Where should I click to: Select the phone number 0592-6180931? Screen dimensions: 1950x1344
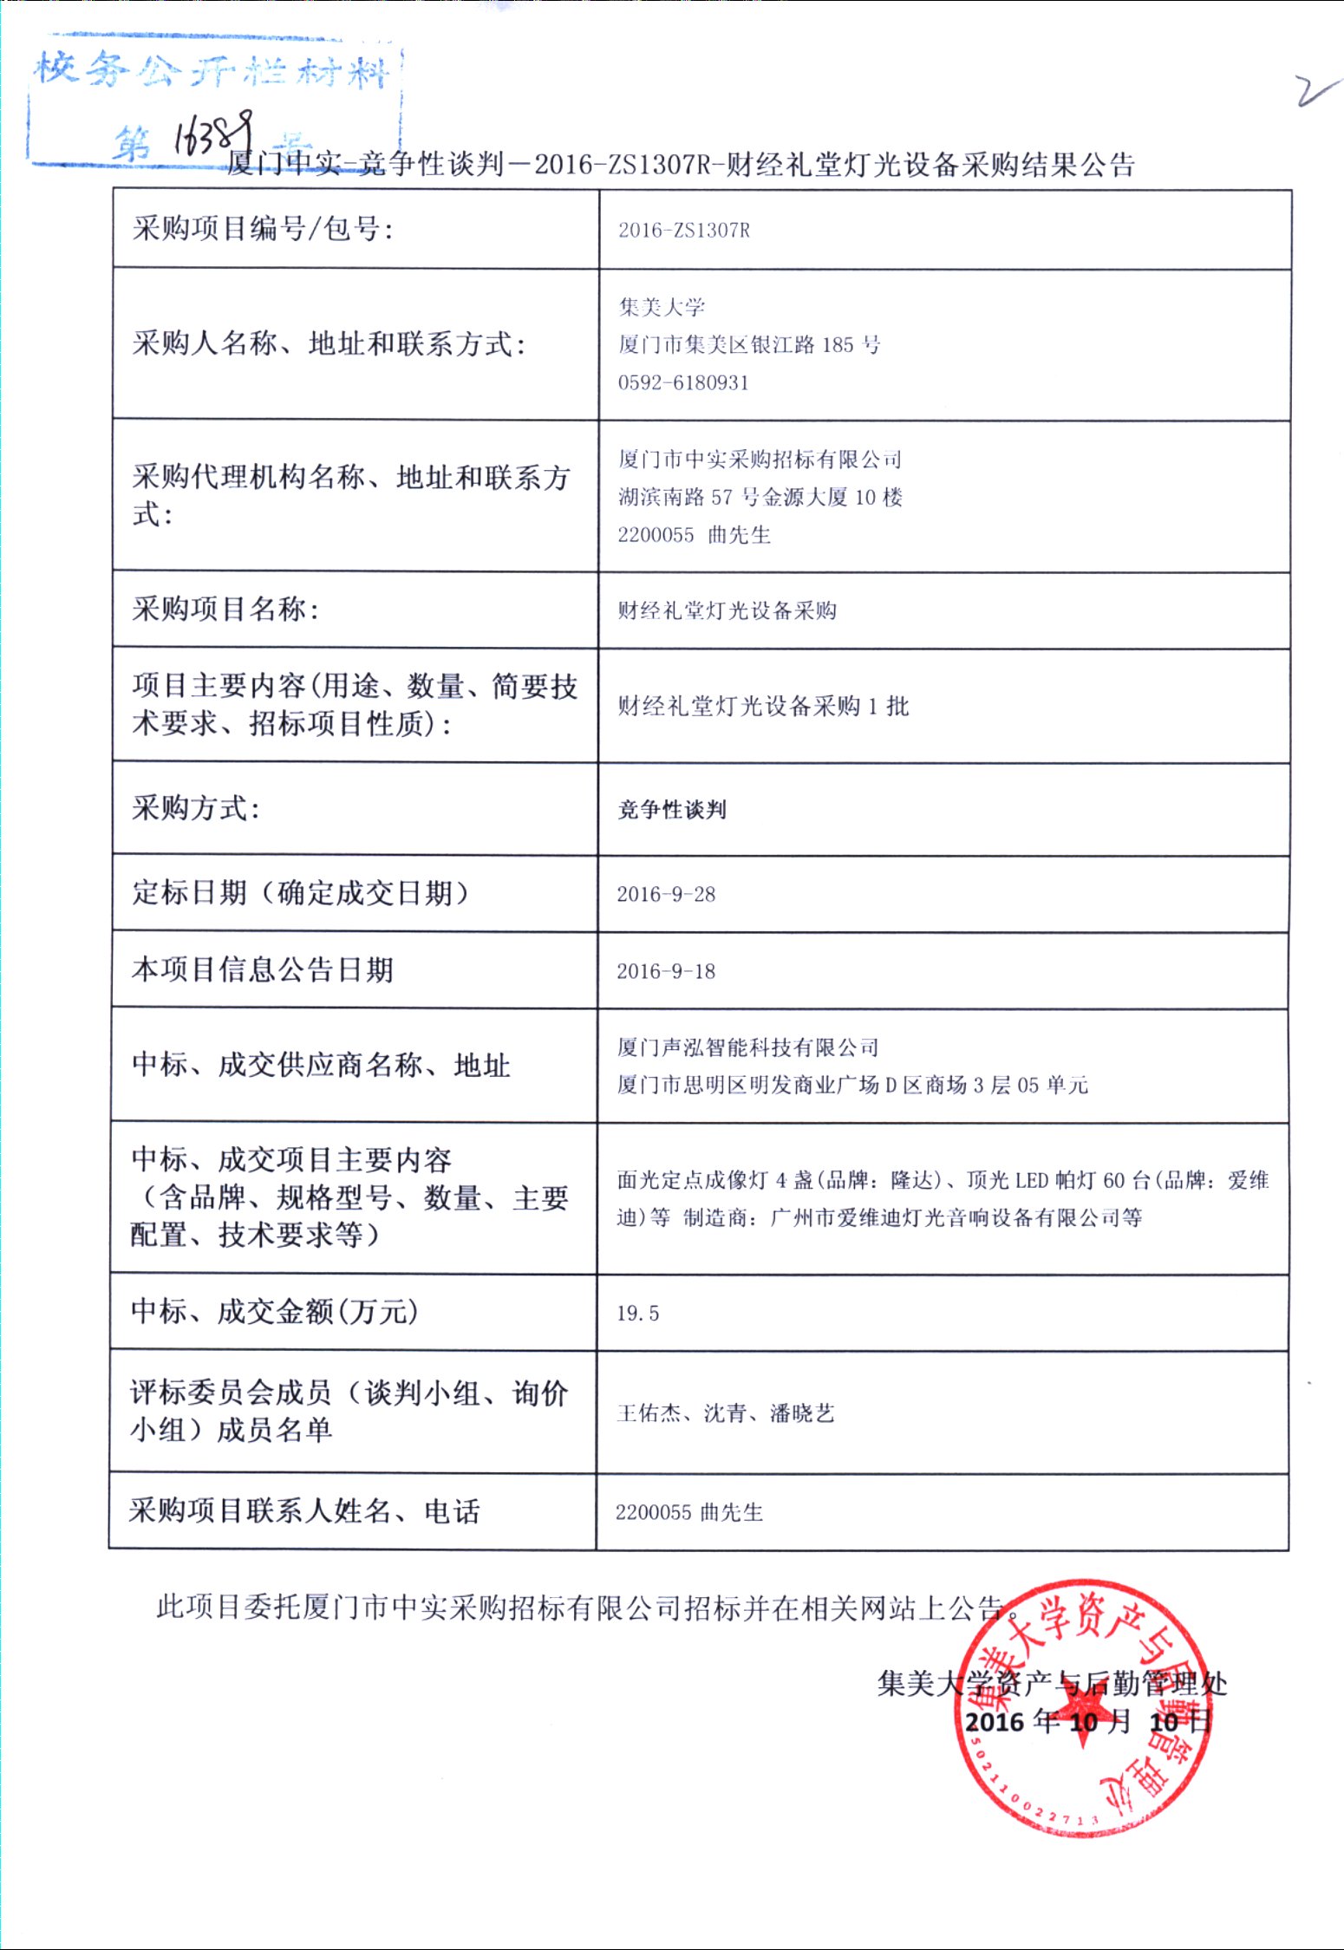click(683, 382)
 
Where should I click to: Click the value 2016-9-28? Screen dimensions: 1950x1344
click(666, 894)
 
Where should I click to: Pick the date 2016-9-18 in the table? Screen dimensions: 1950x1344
click(666, 971)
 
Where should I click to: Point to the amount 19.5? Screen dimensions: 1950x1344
click(637, 1313)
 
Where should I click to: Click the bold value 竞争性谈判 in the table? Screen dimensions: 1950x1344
click(672, 810)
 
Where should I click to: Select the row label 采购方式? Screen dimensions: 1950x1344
click(196, 808)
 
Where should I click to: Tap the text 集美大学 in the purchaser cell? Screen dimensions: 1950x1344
click(662, 307)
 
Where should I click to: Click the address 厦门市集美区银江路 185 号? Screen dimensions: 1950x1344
click(749, 345)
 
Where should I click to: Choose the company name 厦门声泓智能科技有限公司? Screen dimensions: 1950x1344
click(747, 1047)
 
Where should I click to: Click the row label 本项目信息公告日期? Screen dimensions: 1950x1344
click(263, 969)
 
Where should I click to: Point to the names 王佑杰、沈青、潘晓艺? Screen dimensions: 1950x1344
click(726, 1413)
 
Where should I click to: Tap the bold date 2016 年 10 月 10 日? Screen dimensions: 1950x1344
click(1087, 1721)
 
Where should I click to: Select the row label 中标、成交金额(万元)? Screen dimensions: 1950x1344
click(274, 1311)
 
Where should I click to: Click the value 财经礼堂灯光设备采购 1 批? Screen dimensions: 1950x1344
click(763, 706)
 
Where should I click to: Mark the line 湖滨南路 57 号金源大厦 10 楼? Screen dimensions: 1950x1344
click(760, 497)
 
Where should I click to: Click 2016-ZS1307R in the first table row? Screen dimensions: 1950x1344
click(684, 230)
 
